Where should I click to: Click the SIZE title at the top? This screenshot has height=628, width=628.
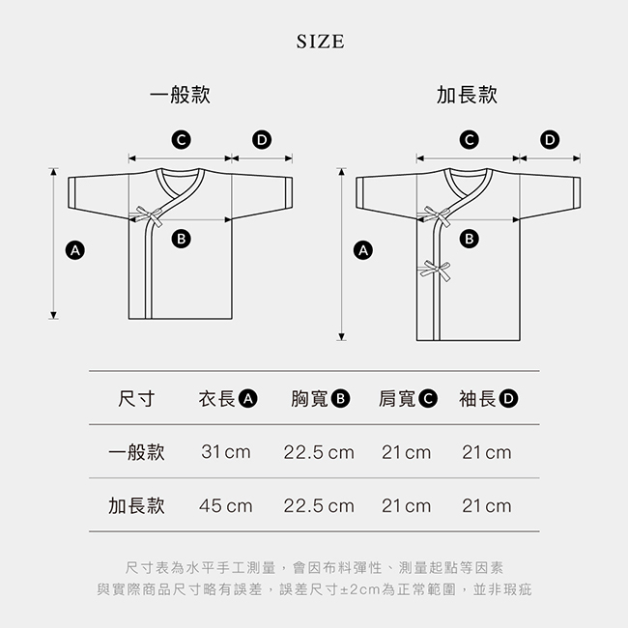pos(320,42)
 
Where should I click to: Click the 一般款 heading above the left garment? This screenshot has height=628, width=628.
pos(180,95)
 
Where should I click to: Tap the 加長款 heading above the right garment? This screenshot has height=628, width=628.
pos(467,95)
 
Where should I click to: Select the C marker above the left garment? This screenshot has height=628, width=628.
pos(181,140)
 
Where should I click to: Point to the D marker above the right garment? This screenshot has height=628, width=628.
pos(550,140)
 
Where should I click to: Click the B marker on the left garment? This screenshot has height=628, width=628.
pos(181,239)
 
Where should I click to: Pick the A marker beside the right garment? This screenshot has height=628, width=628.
pos(363,250)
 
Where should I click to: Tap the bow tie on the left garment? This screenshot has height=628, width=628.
pos(149,216)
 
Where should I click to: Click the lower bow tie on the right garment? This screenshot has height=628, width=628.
pos(436,271)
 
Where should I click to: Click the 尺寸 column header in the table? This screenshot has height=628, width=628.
pos(136,398)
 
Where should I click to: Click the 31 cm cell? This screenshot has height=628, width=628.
pos(226,452)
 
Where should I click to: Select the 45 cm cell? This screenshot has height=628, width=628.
pos(226,506)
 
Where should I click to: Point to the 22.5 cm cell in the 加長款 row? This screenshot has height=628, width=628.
pos(319,506)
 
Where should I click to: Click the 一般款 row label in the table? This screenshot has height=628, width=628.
pos(136,452)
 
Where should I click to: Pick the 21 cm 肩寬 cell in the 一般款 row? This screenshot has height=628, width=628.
pos(406,452)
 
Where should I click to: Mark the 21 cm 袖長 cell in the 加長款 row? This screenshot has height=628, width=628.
pos(487,506)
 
